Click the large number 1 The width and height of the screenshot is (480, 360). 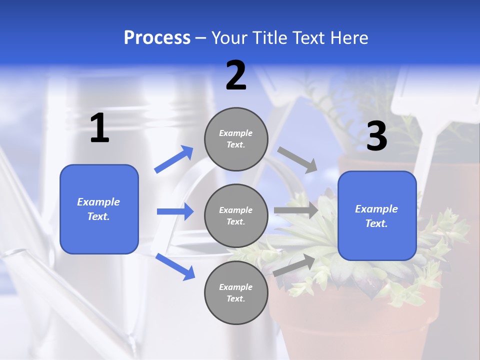99,128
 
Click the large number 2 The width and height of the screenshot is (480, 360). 236,75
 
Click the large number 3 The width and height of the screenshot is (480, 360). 377,136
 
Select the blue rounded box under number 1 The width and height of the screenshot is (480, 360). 99,209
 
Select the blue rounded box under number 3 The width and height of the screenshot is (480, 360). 377,215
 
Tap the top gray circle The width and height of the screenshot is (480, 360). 236,139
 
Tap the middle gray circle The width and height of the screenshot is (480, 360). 236,215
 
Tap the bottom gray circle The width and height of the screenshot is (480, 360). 236,292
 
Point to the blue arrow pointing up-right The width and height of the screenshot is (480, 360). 173,159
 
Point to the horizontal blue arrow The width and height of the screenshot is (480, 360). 175,211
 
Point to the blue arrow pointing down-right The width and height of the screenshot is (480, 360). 175,266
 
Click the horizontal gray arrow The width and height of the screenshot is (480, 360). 296,210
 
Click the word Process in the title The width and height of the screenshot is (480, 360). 157,37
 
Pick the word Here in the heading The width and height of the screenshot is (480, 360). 349,37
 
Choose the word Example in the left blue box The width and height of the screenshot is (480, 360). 98,202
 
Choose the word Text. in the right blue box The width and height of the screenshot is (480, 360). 376,223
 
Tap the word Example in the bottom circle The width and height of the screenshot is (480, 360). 235,287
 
